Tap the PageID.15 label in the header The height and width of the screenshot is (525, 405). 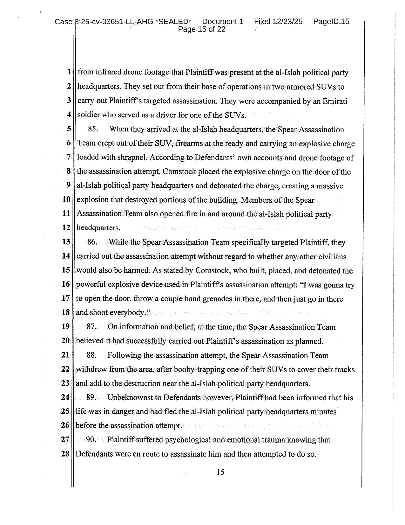[331, 22]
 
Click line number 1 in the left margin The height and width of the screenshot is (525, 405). [69, 72]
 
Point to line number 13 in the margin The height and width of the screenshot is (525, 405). [66, 242]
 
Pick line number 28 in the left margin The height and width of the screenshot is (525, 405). [65, 454]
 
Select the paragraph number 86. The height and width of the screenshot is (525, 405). [92, 242]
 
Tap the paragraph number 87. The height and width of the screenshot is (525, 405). [91, 327]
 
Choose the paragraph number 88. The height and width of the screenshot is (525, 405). [91, 355]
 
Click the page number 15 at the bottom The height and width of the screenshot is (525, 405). [220, 472]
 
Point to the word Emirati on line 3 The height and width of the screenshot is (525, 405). [335, 101]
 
